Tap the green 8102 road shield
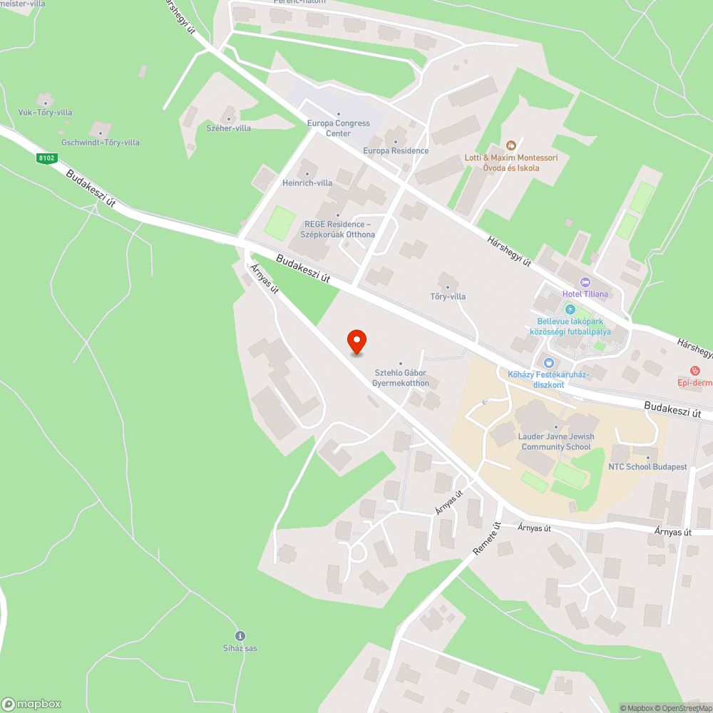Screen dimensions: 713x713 47,158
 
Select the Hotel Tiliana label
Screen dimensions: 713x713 585,294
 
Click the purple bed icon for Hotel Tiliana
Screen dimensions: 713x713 585,282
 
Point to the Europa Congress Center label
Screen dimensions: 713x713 338,128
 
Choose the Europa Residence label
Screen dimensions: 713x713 396,150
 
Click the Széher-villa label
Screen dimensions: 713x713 228,128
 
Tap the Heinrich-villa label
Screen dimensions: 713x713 307,183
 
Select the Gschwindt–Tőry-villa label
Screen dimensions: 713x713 101,143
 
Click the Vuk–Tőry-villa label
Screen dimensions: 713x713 46,113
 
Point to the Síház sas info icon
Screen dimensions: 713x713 240,635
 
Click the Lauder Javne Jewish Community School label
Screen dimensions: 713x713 556,442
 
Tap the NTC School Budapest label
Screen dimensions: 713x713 647,467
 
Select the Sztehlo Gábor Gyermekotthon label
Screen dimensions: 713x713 400,378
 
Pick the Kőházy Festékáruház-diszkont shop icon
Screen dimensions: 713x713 547,362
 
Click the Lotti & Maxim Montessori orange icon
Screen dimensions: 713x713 510,145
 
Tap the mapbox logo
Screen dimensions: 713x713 31,704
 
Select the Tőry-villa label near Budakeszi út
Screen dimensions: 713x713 448,297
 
